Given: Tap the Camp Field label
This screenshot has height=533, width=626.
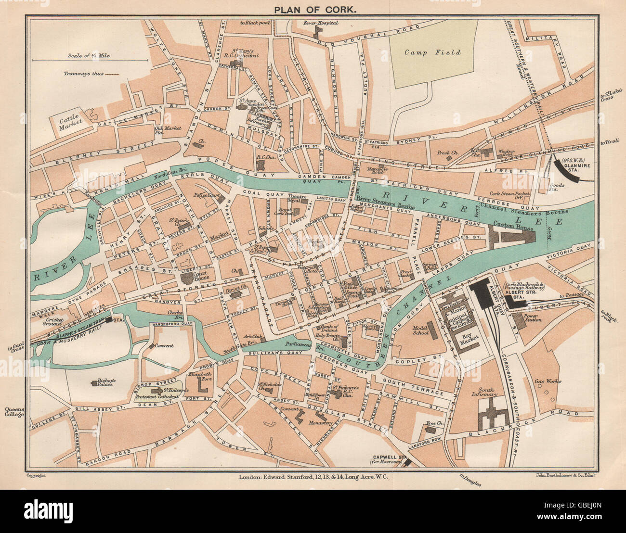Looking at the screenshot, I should click(x=432, y=52).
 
